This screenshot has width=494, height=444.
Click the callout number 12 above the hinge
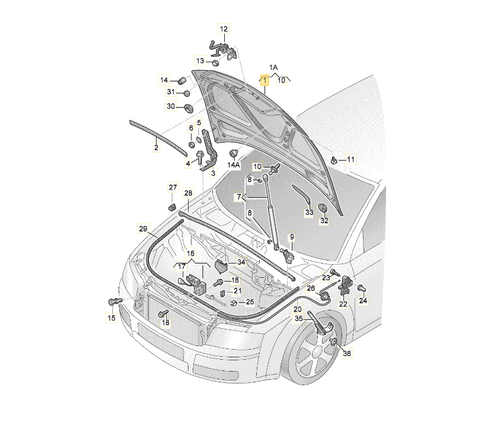click(x=224, y=28)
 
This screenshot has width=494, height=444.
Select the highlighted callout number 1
click(x=264, y=80)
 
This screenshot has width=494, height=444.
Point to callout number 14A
click(x=234, y=165)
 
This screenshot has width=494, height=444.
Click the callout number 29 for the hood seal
click(x=143, y=229)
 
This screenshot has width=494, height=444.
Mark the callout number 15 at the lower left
click(x=111, y=319)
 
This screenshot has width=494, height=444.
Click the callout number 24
click(x=364, y=301)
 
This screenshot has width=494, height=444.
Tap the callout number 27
click(x=172, y=188)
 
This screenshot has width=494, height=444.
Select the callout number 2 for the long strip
click(x=157, y=147)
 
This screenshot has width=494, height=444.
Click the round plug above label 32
click(x=323, y=208)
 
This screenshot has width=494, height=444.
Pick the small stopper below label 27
click(x=173, y=205)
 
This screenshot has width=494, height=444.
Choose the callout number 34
click(x=240, y=262)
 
